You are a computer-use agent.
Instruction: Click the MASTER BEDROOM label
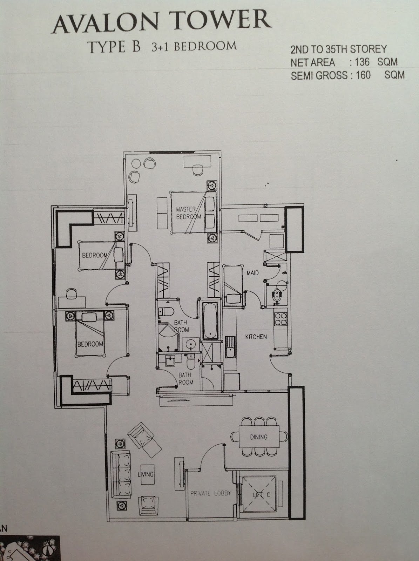pos(188,213)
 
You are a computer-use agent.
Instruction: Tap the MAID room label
pos(252,272)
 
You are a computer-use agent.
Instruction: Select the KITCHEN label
pos(256,337)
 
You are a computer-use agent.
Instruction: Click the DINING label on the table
pos(259,437)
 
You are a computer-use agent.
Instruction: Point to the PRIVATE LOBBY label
pos(210,493)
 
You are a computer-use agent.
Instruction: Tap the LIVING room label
pos(146,474)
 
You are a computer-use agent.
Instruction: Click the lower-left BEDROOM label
pos(90,344)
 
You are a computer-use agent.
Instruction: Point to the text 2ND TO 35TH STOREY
pos(338,49)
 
